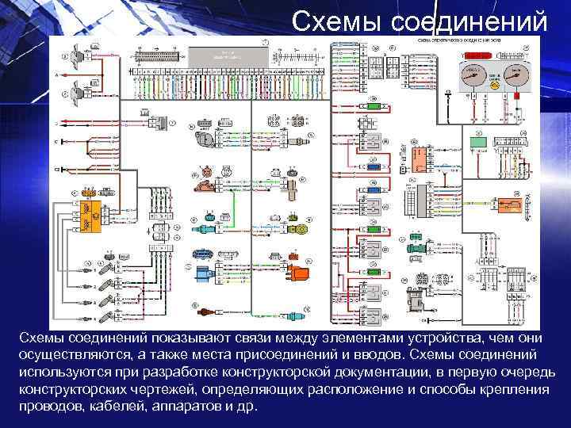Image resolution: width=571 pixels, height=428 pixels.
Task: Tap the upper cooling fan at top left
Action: [x=75, y=55]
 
